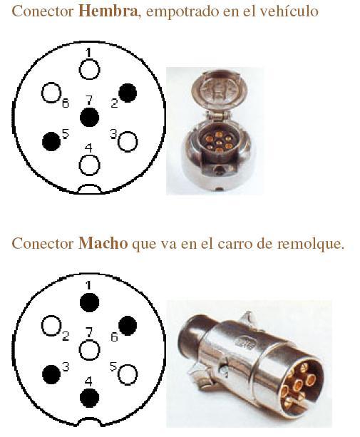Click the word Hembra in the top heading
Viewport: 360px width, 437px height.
(108, 11)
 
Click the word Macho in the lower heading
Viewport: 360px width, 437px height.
(103, 243)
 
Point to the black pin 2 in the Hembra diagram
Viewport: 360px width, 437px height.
(128, 93)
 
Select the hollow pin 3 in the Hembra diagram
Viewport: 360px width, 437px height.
(128, 142)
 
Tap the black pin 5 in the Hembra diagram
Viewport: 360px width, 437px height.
(51, 142)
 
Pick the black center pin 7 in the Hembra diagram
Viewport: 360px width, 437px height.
(89, 118)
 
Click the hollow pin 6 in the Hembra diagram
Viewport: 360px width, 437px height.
(51, 93)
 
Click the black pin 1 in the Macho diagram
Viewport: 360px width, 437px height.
(89, 302)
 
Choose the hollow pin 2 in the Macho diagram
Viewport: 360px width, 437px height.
(51, 326)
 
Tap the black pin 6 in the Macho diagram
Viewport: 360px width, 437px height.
(128, 326)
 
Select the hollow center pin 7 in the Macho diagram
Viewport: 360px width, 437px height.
(89, 350)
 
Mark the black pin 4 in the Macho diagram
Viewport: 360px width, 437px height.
(89, 398)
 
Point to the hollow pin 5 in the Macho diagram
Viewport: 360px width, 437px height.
(128, 374)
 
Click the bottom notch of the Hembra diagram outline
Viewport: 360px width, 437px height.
(89, 185)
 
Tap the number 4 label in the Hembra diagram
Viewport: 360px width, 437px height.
(88, 148)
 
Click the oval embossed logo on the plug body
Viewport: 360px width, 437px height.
(245, 342)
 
